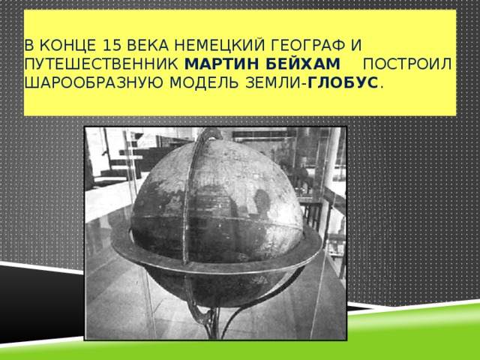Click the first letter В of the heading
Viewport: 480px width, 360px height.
click(x=28, y=44)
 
